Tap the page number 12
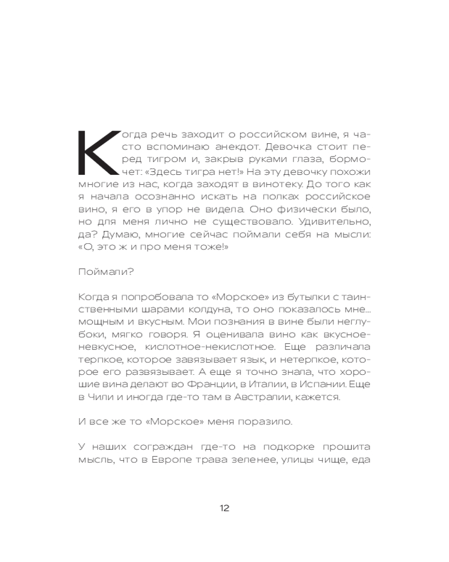coord(224,508)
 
